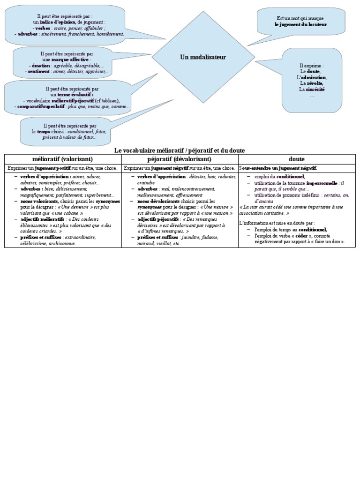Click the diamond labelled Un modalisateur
point(203,57)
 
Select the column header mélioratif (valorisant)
point(63,159)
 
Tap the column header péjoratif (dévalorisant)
point(180,159)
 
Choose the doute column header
point(297,159)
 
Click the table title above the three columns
point(180,150)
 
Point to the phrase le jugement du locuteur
point(301,24)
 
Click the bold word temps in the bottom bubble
point(44,132)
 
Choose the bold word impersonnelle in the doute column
point(322,184)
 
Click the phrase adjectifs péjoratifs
point(158,219)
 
